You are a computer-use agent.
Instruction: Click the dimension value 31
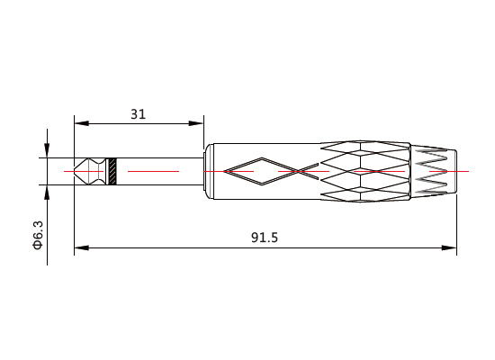[138, 114]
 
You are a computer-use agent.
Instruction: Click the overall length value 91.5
[264, 238]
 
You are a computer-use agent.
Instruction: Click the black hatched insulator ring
[112, 171]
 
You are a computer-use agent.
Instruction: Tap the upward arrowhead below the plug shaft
[46, 192]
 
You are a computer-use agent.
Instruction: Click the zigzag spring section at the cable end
[434, 170]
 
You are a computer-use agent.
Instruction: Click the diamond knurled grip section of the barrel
[364, 170]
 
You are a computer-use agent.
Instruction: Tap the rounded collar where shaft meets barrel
[207, 171]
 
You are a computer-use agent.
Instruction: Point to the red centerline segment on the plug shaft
[153, 170]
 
